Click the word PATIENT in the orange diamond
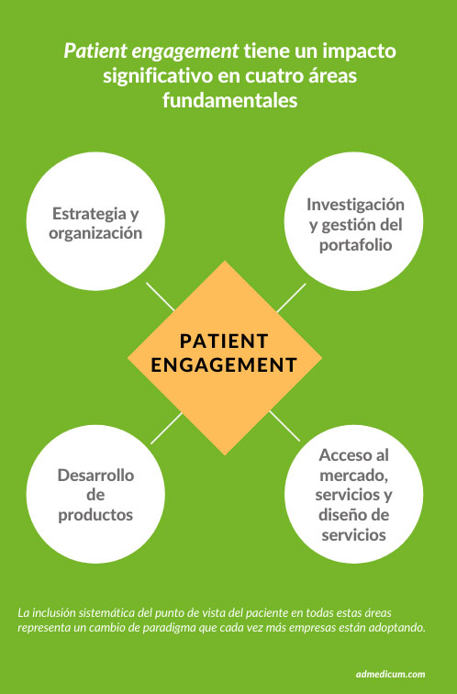[224, 341]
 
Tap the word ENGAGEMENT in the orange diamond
[224, 365]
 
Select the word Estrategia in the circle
[89, 214]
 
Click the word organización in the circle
[95, 233]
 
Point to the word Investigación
[356, 205]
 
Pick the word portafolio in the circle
[356, 245]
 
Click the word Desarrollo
[95, 475]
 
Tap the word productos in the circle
[95, 515]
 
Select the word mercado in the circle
[353, 476]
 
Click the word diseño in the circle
[340, 515]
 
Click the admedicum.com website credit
[390, 674]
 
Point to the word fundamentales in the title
[230, 100]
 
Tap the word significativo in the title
[158, 76]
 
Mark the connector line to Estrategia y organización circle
[161, 297]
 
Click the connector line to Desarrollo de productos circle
[166, 428]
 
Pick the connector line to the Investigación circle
[292, 297]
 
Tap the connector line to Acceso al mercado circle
[284, 426]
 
